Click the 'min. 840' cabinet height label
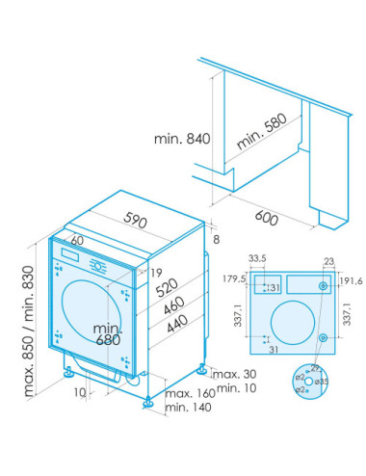(x=180, y=139)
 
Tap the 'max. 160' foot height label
(x=189, y=395)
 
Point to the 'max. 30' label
(x=235, y=373)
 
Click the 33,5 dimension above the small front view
(x=256, y=259)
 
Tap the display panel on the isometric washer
(x=70, y=256)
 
